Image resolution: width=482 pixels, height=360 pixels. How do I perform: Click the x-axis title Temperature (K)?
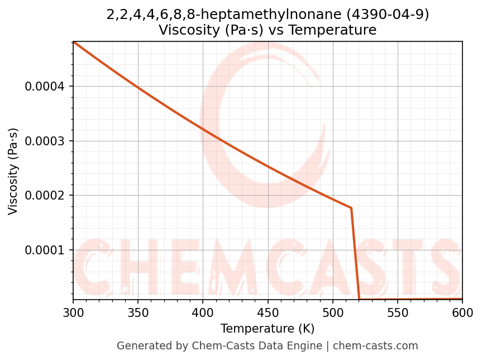coord(268,329)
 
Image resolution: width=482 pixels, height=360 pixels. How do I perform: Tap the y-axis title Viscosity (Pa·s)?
coord(13,171)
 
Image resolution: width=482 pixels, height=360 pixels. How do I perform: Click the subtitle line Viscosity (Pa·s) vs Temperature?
coord(268,30)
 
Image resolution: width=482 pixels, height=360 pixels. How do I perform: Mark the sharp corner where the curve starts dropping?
coord(351,208)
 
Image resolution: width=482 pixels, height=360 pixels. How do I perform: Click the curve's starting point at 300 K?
coord(74,42)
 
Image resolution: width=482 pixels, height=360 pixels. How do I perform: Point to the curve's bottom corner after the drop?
coord(359,299)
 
